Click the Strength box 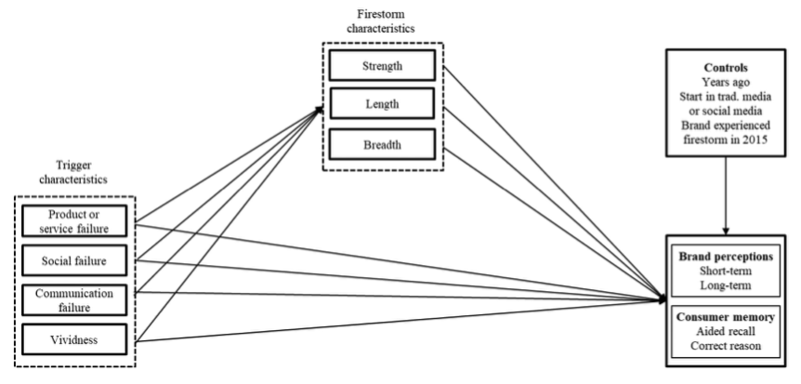383,67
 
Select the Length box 383,106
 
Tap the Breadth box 383,145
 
